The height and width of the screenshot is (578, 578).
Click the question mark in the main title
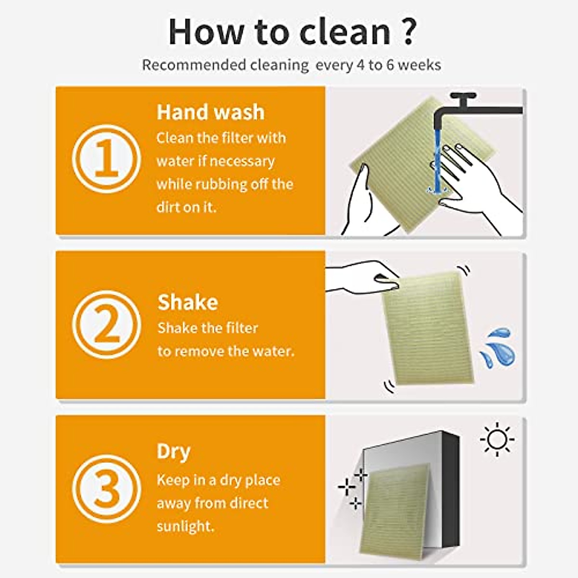[x=407, y=32]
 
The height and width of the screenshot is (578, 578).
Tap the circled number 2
[x=106, y=325]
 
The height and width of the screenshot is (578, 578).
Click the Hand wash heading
[x=210, y=112]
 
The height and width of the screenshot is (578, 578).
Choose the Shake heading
[x=187, y=302]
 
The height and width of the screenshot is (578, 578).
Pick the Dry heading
[x=173, y=452]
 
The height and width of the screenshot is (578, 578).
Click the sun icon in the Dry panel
[x=497, y=439]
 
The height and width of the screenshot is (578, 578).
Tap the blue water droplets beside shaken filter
[x=496, y=347]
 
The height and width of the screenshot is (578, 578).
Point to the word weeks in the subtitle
[x=419, y=65]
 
